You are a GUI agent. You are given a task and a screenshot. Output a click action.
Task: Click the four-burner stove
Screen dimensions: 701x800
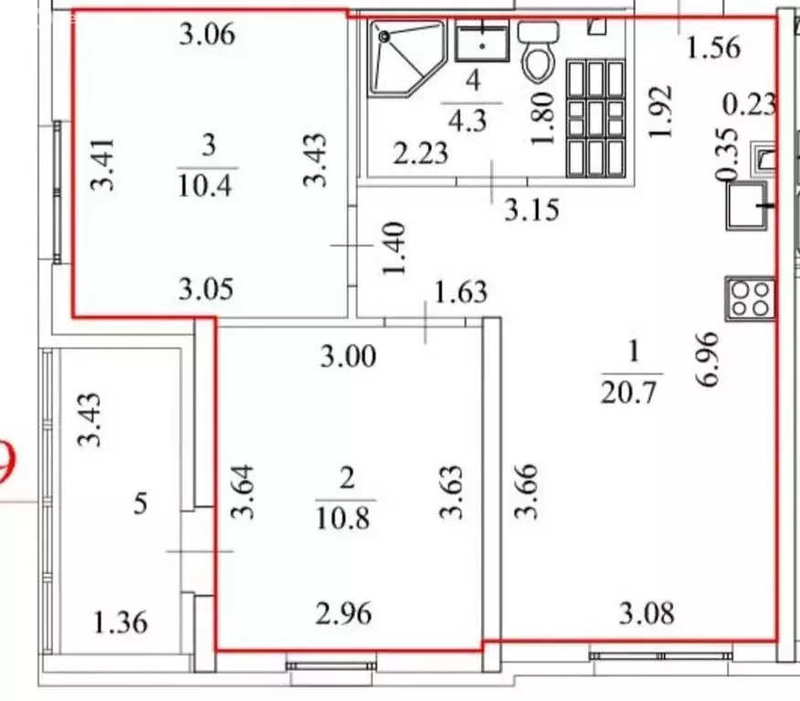coord(751,298)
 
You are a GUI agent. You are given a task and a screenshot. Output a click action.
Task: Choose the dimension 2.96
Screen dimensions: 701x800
coord(346,614)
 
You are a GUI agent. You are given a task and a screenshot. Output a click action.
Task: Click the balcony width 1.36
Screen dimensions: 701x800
coord(121,625)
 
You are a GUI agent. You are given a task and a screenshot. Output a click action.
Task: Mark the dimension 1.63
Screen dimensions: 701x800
coord(461,294)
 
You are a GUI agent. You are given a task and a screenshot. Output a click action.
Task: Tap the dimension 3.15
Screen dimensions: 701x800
coord(532,211)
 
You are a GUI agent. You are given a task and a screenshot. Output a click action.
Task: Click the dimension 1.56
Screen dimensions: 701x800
coord(713,47)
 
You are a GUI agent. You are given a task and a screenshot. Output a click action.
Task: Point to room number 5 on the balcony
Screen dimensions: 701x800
coord(141,503)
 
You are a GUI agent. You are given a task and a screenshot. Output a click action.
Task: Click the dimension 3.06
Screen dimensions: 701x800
coord(207,36)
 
